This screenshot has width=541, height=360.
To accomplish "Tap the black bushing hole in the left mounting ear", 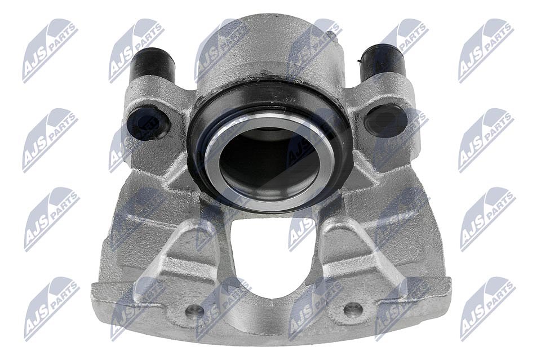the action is tap(150, 122).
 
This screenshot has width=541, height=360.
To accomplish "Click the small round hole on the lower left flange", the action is tap(194, 310).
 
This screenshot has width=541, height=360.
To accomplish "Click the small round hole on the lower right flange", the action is tap(353, 309).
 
